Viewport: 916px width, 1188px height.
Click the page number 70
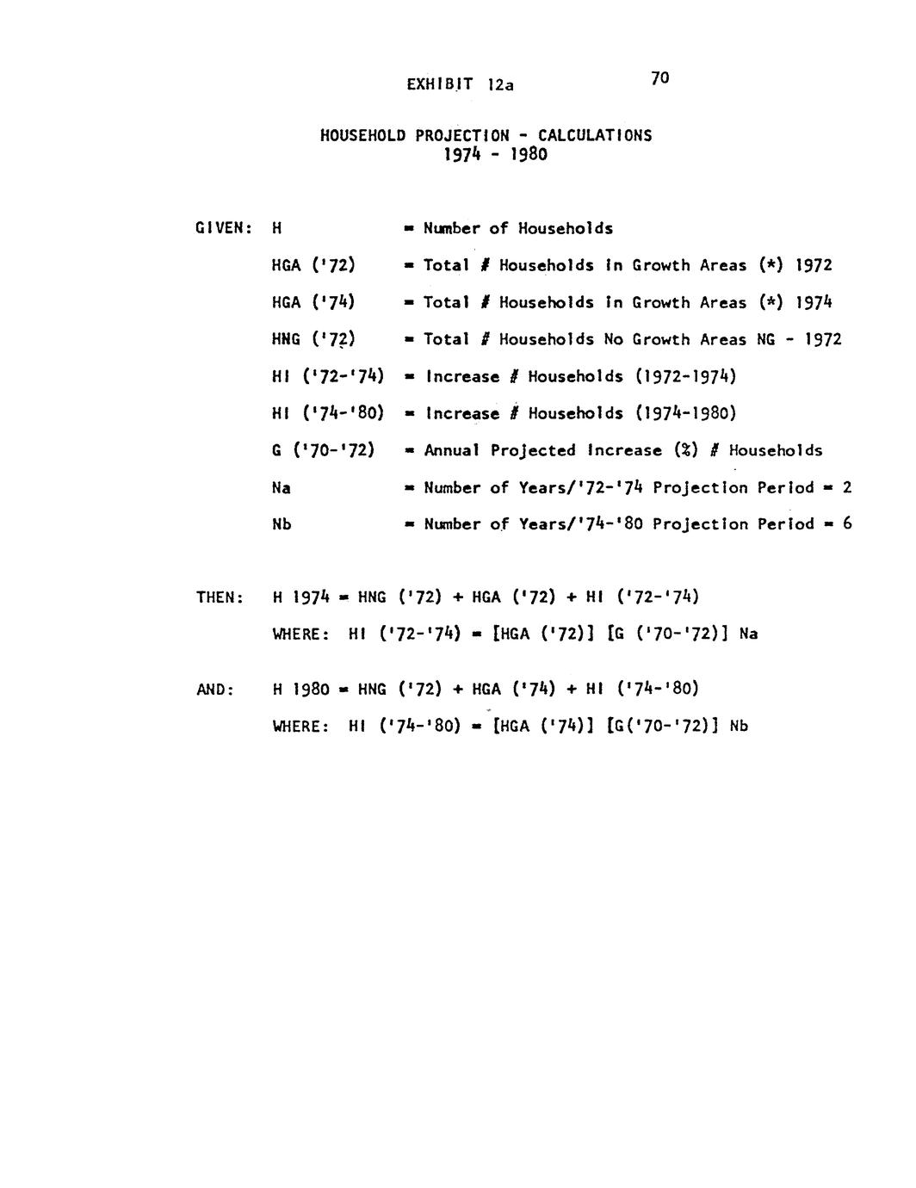click(x=660, y=78)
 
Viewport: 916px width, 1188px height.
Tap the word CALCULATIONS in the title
click(x=595, y=135)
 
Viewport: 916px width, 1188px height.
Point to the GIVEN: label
click(x=223, y=229)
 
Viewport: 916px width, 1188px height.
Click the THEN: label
click(x=221, y=597)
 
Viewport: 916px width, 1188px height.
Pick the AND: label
click(x=215, y=690)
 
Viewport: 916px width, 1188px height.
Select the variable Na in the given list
click(x=282, y=488)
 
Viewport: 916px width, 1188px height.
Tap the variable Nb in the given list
click(x=282, y=524)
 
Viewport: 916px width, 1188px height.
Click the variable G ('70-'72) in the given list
click(x=323, y=450)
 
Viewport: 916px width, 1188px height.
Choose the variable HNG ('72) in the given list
click(x=313, y=340)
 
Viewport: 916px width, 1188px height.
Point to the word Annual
click(x=453, y=450)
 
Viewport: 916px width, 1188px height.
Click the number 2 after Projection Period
click(x=847, y=487)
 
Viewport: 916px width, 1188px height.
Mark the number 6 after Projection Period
click(x=847, y=523)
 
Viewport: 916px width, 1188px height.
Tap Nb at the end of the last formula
click(x=739, y=727)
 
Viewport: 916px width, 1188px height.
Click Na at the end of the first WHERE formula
click(x=748, y=634)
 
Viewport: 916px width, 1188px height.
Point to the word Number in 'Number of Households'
click(x=452, y=228)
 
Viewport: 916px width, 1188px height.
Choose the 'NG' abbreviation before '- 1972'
click(x=765, y=339)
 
